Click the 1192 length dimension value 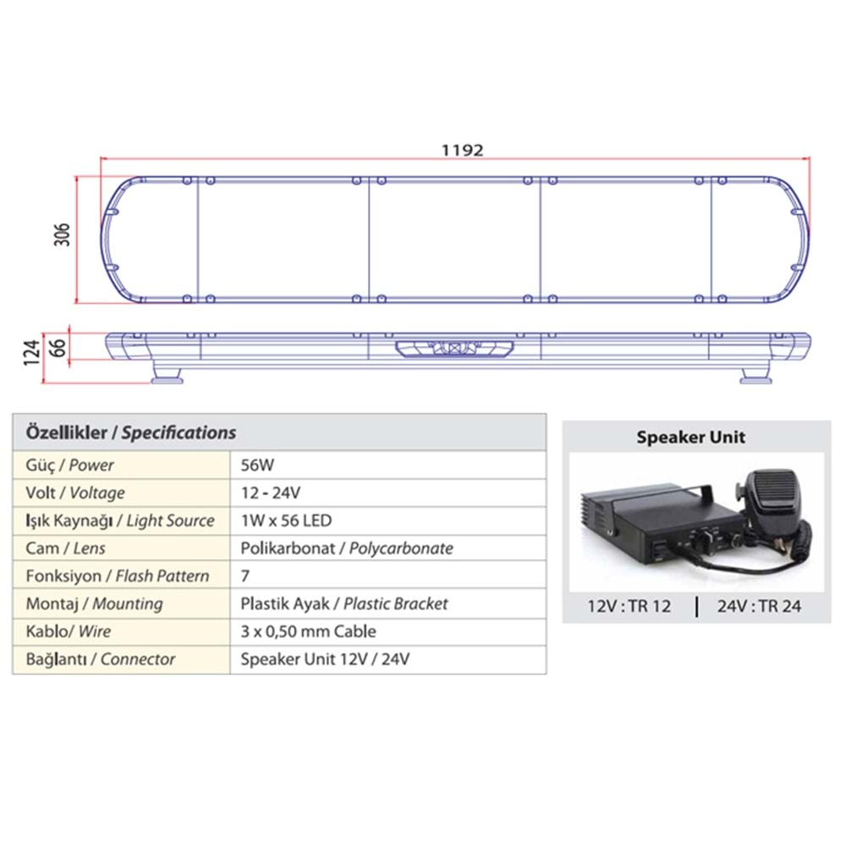click(x=462, y=150)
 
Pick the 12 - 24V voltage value click(x=271, y=492)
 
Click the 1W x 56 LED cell click(x=286, y=520)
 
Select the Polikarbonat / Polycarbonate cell click(x=347, y=548)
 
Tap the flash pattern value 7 click(x=245, y=576)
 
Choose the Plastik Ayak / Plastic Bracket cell click(x=344, y=604)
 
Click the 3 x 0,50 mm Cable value click(x=308, y=631)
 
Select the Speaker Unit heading click(x=691, y=437)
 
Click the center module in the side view click(x=455, y=349)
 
